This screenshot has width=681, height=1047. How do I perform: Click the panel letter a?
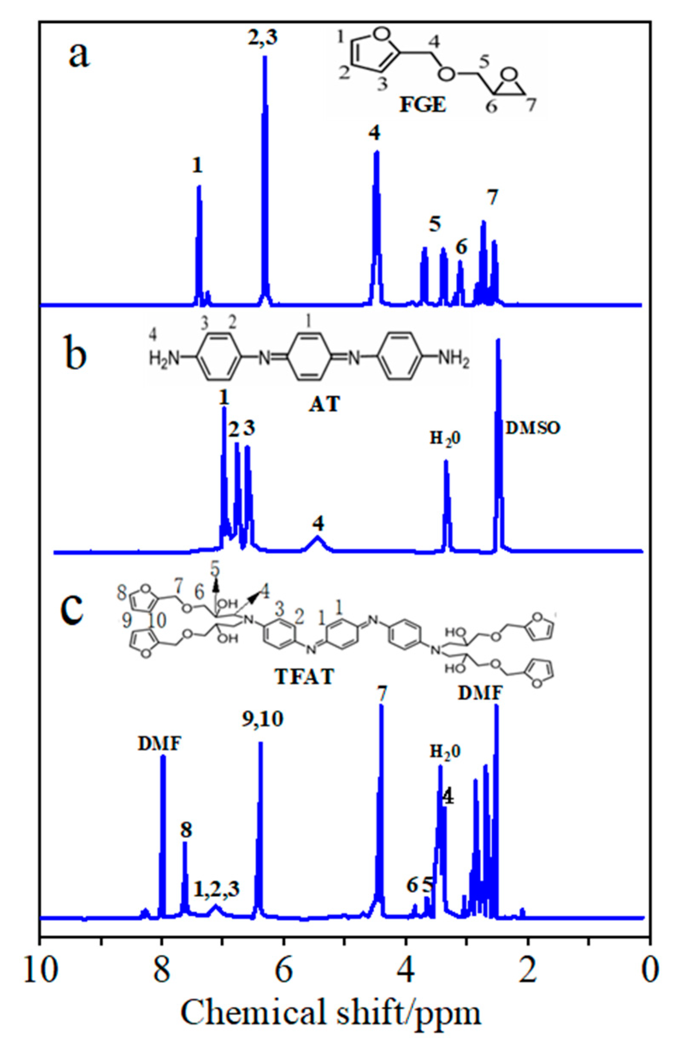(x=79, y=55)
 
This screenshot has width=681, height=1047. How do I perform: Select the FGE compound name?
(x=422, y=106)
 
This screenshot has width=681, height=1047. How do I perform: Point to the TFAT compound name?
(x=304, y=677)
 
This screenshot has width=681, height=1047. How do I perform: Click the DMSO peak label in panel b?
(x=533, y=428)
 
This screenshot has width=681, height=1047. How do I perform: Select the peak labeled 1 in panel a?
(x=199, y=220)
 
